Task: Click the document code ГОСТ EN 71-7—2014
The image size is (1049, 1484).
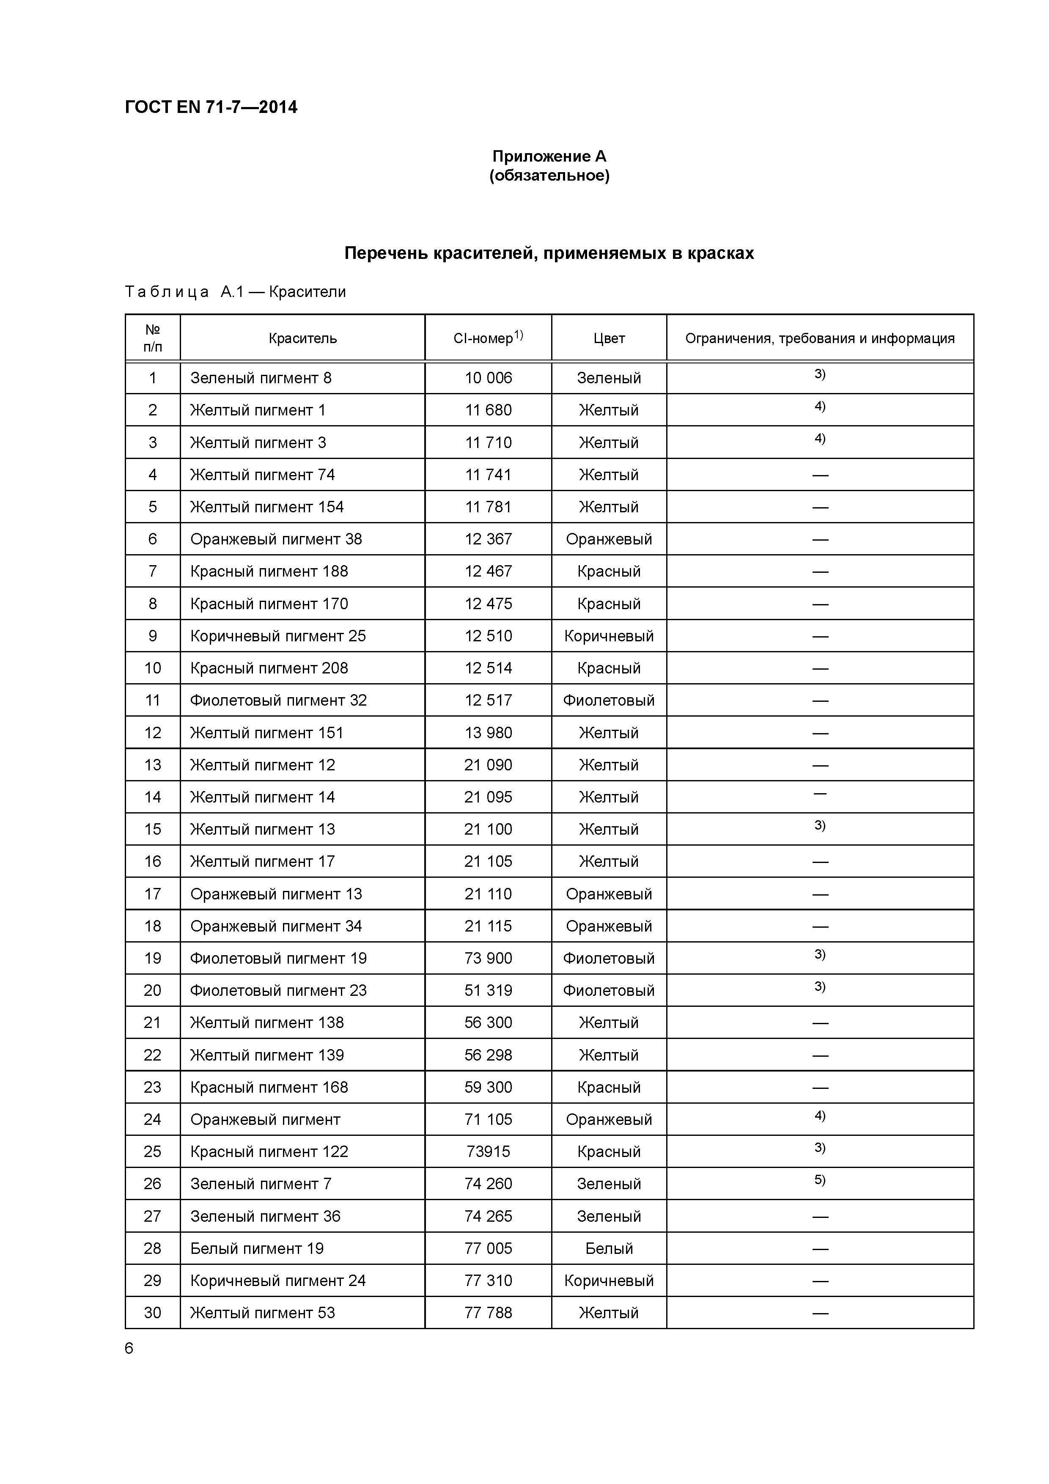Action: coord(211,107)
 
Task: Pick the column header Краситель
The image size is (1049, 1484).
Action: coord(302,338)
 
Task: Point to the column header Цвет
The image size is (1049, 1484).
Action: coord(609,338)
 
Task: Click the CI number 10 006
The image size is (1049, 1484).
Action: coord(488,378)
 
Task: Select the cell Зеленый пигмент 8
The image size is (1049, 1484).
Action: coord(261,378)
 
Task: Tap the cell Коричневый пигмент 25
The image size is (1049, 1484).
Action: coord(277,636)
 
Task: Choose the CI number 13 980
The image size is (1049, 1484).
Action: coord(488,733)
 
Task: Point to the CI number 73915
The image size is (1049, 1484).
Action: coord(488,1152)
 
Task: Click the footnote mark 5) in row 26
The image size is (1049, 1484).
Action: coord(820,1180)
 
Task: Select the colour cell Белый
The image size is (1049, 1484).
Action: coord(609,1249)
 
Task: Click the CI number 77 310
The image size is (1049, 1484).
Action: coord(488,1281)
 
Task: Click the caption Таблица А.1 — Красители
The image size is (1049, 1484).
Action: coord(235,292)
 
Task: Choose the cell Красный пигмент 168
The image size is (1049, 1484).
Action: coord(269,1087)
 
